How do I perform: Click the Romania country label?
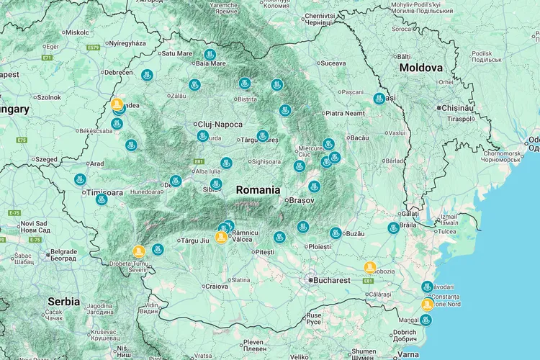point(258,190)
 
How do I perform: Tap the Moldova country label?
point(420,67)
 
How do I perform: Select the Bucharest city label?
point(331,280)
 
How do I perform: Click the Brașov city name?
point(301,201)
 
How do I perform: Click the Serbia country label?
point(64,301)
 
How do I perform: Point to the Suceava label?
point(333,63)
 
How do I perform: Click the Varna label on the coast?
point(408,354)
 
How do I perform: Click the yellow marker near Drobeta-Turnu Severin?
point(139,251)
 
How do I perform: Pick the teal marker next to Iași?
point(379,99)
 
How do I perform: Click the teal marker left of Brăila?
point(393,228)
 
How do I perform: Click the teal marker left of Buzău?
point(336,233)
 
